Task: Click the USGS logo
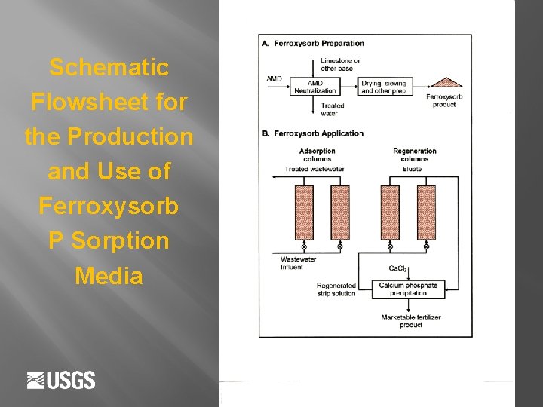[x=61, y=380]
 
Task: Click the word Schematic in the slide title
[x=109, y=68]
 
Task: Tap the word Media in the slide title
[x=109, y=276]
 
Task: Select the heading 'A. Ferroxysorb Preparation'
[x=312, y=43]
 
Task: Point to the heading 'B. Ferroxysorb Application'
[x=312, y=133]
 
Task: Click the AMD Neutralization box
[x=326, y=87]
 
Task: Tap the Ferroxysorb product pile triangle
[x=444, y=82]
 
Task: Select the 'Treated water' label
[x=333, y=109]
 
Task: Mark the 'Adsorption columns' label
[x=317, y=155]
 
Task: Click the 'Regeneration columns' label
[x=414, y=155]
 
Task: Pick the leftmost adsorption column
[x=304, y=212]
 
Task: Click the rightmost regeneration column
[x=427, y=212]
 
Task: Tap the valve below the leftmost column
[x=304, y=246]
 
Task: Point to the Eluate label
[x=412, y=170]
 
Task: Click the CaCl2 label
[x=397, y=268]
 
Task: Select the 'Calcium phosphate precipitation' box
[x=407, y=289]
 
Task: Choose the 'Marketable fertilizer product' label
[x=411, y=320]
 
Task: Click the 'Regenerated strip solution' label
[x=336, y=289]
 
